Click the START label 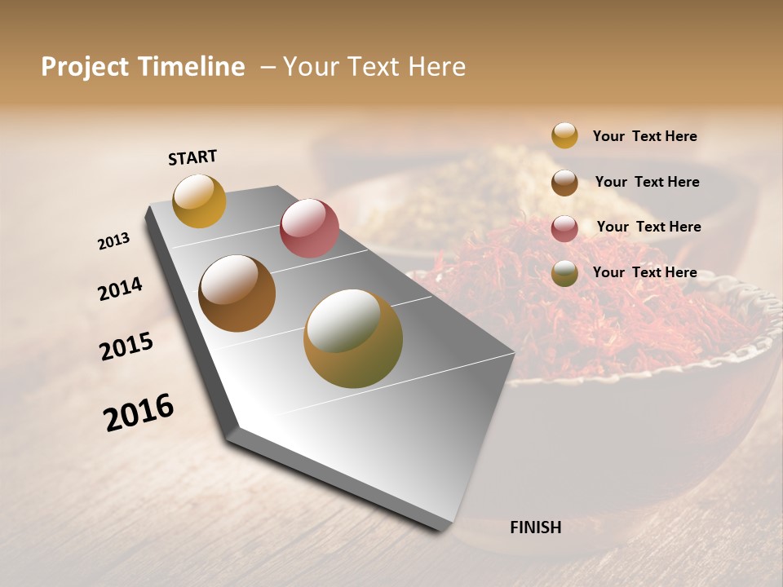(192, 157)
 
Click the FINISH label (535, 527)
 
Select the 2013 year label (113, 241)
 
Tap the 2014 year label (120, 289)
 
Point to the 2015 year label (126, 346)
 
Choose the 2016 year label (139, 413)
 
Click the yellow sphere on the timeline (199, 201)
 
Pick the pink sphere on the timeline (309, 227)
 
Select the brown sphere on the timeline (237, 293)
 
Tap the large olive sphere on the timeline (353, 338)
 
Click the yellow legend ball (564, 135)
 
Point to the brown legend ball (564, 183)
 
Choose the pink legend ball (564, 228)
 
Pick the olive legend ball (564, 274)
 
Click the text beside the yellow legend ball (644, 136)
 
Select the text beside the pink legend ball (648, 227)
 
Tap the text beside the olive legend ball (644, 272)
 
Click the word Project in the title (86, 67)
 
